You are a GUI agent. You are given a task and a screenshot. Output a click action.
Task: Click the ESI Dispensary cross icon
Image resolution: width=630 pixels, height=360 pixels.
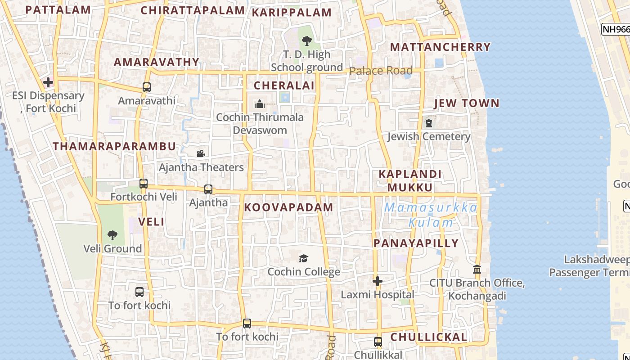(x=48, y=82)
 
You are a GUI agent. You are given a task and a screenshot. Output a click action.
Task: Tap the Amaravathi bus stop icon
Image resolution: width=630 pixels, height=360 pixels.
(x=147, y=87)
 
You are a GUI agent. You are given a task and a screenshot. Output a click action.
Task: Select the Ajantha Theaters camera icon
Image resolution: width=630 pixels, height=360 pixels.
(x=201, y=154)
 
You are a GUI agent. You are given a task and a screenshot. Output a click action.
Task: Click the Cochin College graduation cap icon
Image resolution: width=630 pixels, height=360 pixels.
(x=304, y=258)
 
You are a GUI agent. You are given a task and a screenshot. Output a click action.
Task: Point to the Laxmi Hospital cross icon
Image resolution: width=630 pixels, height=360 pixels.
(x=378, y=281)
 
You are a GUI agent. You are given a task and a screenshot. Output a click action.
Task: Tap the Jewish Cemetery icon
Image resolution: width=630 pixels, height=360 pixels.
(x=429, y=123)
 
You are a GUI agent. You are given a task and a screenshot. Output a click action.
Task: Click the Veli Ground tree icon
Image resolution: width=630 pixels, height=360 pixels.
(x=112, y=235)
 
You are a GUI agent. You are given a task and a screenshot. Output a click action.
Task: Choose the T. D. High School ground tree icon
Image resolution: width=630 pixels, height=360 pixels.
(x=307, y=41)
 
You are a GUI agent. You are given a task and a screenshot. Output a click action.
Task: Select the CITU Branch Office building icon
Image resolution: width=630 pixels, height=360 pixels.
(x=477, y=270)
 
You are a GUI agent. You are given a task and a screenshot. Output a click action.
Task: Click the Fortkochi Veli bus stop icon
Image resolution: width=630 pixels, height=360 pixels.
(x=144, y=184)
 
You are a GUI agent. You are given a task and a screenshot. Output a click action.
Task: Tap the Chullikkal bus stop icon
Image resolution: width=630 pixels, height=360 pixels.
(x=378, y=342)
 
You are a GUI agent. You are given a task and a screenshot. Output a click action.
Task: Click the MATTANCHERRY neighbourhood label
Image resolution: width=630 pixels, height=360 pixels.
(x=440, y=47)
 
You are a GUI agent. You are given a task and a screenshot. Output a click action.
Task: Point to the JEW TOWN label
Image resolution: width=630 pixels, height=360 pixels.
(x=467, y=103)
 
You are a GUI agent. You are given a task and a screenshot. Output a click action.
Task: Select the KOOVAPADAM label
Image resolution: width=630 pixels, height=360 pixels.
(x=288, y=207)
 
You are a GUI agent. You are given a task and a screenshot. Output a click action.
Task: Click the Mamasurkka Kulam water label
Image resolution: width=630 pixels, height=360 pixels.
(x=431, y=215)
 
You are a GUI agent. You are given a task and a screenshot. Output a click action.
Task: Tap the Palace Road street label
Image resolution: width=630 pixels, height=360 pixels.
(x=381, y=71)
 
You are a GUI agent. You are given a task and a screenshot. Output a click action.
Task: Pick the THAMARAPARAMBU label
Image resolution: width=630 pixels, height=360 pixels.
(x=114, y=146)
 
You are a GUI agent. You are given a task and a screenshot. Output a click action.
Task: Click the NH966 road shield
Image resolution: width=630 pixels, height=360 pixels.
(x=616, y=29)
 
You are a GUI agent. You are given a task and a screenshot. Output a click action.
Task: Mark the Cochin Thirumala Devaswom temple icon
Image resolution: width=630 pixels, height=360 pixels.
(x=260, y=104)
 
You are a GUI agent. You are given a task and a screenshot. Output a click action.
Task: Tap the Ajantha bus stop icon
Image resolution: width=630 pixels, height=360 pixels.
(x=208, y=189)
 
